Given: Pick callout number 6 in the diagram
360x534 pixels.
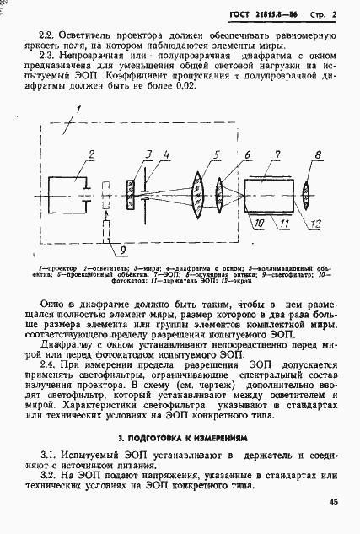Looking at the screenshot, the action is [x=246, y=153].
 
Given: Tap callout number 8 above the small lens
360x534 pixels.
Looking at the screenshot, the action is [x=317, y=153].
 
